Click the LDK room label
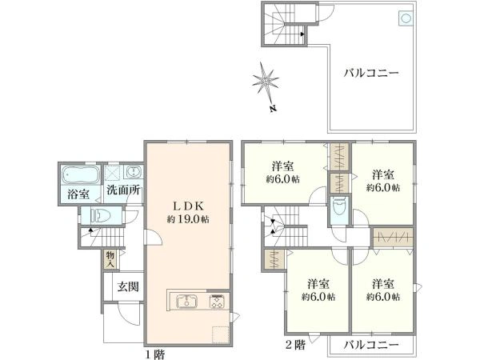point(188,206)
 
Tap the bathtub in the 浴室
point(81,174)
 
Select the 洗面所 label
point(123,190)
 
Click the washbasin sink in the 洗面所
point(133,171)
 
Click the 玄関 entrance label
point(129,287)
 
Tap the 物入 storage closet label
point(110,259)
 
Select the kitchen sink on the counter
point(186,300)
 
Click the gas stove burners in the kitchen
point(217,301)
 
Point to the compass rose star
point(265,81)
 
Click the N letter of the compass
point(274,109)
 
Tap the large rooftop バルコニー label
point(371,73)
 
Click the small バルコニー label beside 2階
point(371,346)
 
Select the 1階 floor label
point(155,354)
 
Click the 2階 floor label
point(295,346)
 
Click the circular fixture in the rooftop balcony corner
point(406,18)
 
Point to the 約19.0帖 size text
point(188,219)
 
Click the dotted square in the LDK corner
point(221,335)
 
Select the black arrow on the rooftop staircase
point(302,34)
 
